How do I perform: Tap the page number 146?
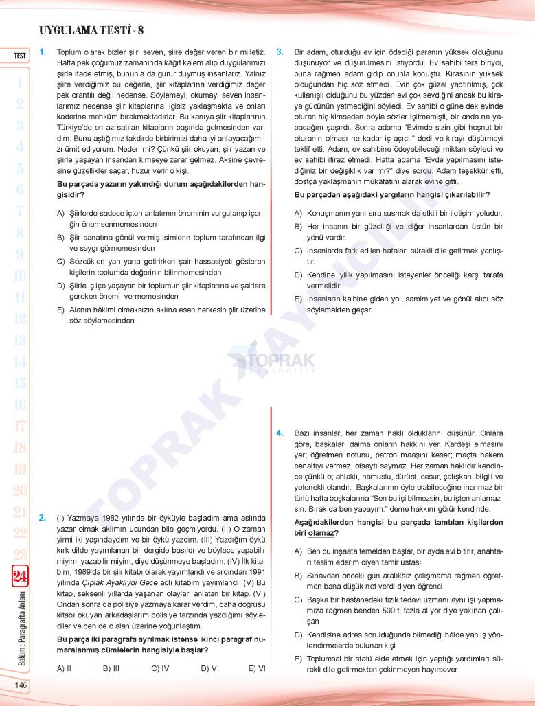click(x=19, y=685)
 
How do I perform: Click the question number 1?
click(x=43, y=52)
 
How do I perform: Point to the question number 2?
click(x=43, y=517)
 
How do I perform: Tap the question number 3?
click(x=280, y=52)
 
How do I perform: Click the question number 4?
click(x=280, y=433)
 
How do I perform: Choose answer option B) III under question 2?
click(x=111, y=668)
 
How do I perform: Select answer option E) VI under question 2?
click(x=257, y=668)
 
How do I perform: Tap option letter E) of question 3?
click(x=298, y=299)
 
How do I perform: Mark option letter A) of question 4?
click(x=298, y=551)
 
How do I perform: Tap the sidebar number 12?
click(x=19, y=318)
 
